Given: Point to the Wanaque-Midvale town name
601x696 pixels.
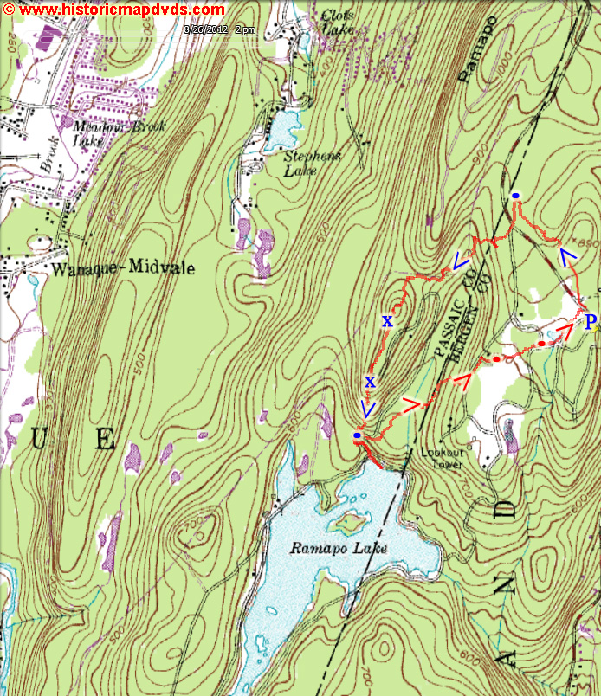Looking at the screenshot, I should [123, 269].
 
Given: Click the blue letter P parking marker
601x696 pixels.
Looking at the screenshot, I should [591, 323].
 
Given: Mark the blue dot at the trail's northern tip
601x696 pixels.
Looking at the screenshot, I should [515, 197].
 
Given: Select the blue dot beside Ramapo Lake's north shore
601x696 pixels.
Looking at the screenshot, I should [358, 435].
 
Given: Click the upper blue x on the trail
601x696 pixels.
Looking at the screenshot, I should [386, 322].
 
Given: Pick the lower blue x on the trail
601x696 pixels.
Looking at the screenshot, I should [370, 381].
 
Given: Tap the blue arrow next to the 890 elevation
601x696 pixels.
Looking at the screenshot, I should [567, 256].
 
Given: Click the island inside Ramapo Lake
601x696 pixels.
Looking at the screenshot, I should [351, 522].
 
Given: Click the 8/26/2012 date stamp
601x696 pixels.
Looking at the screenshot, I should [220, 29].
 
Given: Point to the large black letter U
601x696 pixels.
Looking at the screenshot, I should [37, 440].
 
